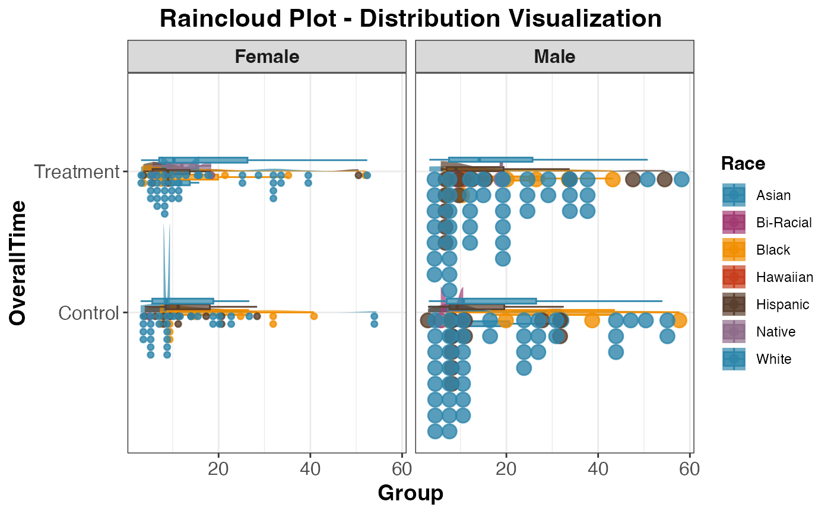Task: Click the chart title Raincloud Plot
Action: [410, 18]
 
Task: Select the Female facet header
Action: [267, 56]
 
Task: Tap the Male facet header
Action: [554, 56]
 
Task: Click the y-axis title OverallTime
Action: [18, 263]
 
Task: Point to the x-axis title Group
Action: [410, 493]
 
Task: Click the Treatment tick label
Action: [77, 172]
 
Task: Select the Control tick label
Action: [89, 313]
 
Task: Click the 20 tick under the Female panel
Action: [218, 468]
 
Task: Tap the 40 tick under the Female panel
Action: [310, 468]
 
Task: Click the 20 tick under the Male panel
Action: [506, 468]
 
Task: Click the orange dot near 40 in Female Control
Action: [314, 316]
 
